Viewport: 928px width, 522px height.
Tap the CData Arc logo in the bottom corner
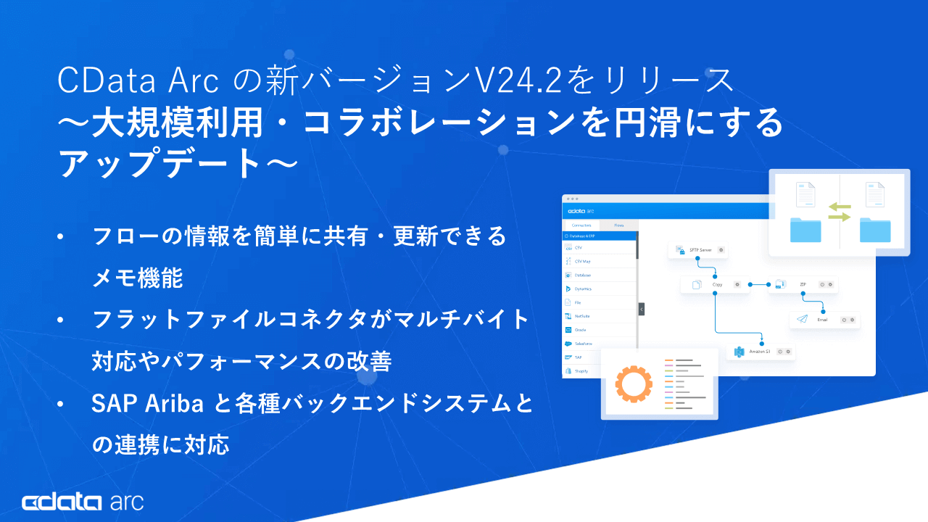[83, 502]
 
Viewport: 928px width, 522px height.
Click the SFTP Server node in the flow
[697, 250]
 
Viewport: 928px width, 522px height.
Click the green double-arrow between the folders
[840, 212]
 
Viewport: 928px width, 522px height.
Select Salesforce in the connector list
[584, 343]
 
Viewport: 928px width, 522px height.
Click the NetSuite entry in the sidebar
[582, 316]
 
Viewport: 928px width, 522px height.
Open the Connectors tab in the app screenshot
[581, 225]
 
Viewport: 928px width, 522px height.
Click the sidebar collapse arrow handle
[642, 309]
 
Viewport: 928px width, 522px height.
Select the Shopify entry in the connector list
[581, 370]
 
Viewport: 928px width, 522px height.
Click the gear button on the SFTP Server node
[721, 250]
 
